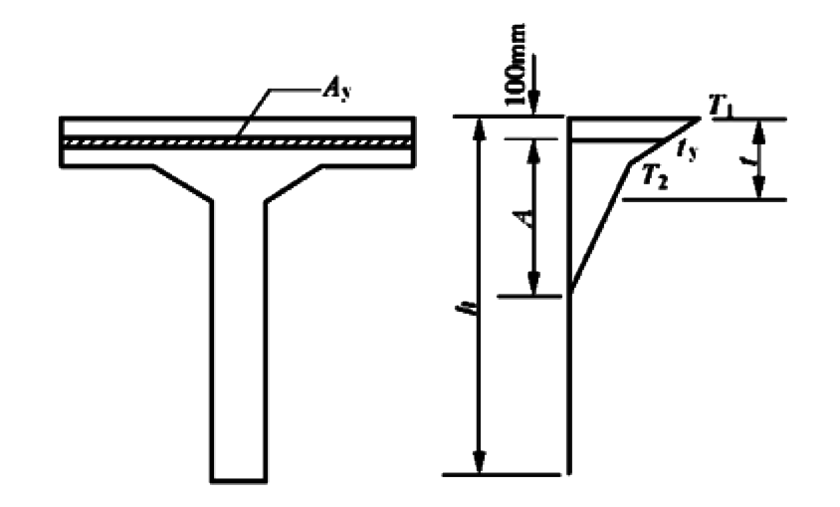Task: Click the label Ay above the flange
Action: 337,90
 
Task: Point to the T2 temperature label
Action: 655,177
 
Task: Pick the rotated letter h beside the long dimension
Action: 472,308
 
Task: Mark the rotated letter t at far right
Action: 754,161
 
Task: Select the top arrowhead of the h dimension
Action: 480,129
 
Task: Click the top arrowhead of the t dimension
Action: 758,131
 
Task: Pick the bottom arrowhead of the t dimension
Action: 758,187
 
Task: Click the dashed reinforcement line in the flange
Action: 237,142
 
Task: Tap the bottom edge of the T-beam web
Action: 239,480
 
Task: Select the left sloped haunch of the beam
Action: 182,183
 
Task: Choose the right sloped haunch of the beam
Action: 295,183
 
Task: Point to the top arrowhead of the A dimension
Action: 533,152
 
